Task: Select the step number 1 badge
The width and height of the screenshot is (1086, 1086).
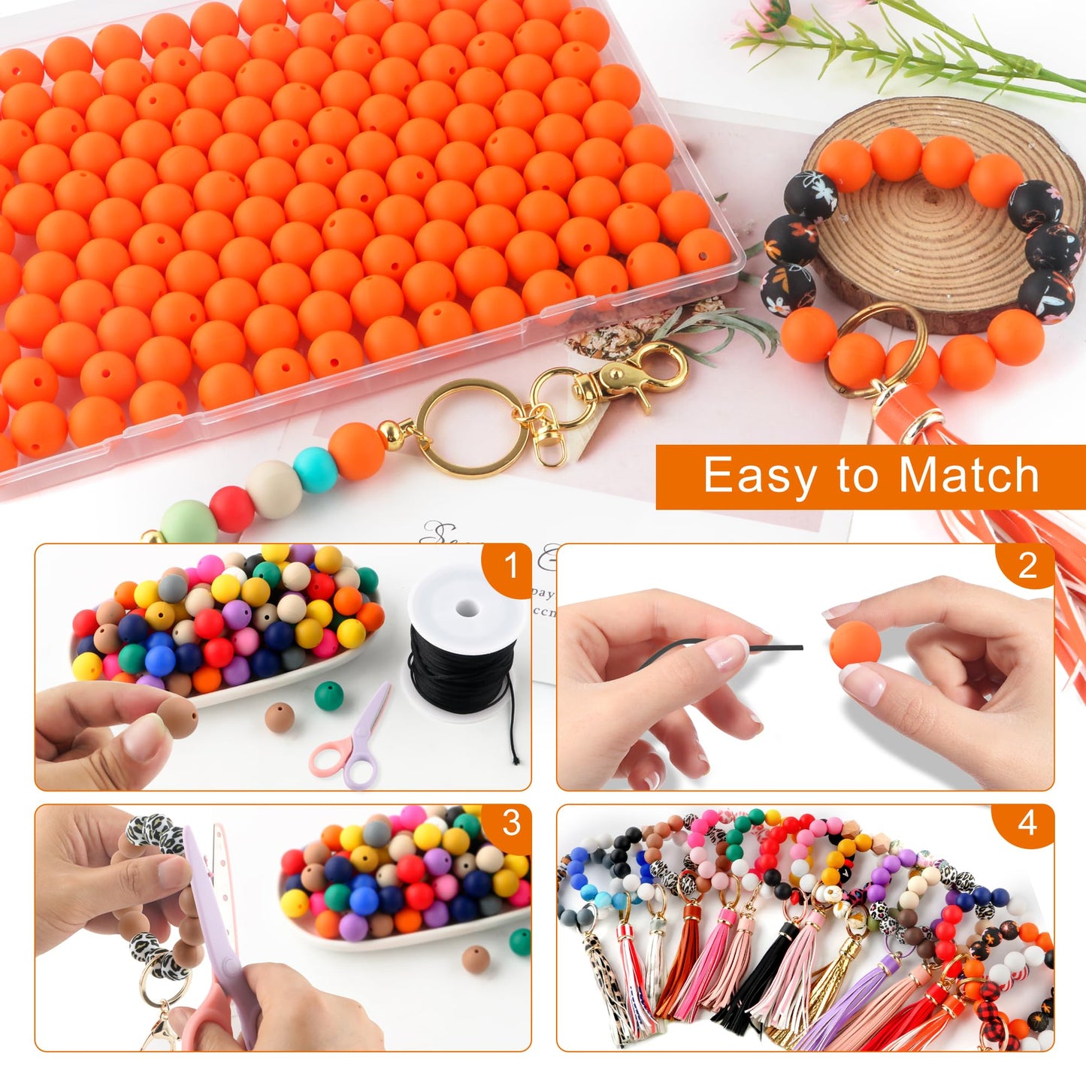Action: pos(512,566)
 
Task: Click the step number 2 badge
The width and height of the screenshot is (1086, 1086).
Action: pos(1027,566)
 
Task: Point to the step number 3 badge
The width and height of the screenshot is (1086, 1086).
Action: pos(511,824)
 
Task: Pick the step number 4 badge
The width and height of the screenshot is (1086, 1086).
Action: pos(1027,824)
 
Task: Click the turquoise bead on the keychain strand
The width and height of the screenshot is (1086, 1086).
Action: pos(315,469)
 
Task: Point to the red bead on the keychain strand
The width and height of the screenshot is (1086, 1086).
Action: pos(231,509)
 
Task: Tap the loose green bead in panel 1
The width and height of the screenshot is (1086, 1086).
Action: pos(328,694)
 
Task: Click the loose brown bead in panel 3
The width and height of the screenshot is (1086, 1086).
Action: pos(475,959)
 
